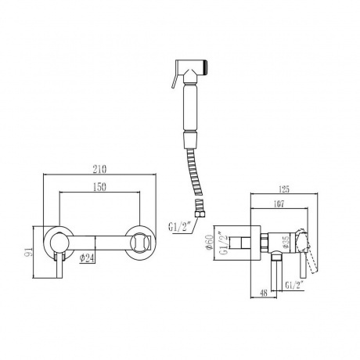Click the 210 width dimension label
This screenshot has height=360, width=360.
(99, 169)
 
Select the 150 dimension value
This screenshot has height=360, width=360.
(99, 187)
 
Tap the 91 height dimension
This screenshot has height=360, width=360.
(29, 251)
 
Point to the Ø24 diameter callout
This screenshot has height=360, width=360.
(86, 258)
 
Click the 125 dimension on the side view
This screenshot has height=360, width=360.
(284, 189)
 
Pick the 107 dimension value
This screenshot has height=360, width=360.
(279, 204)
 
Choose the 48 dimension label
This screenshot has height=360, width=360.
(264, 293)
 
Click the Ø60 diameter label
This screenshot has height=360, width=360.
(210, 243)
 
